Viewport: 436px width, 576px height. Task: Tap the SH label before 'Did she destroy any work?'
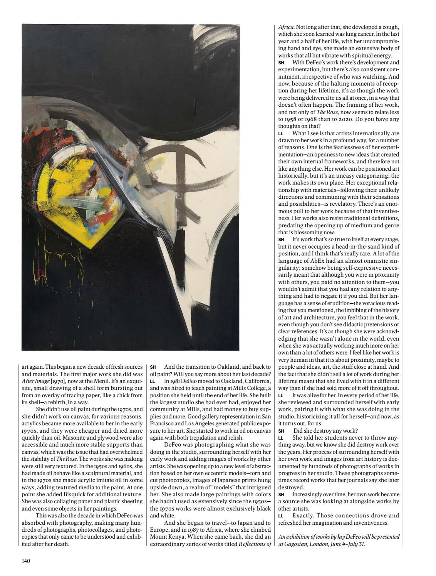click(x=281, y=431)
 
